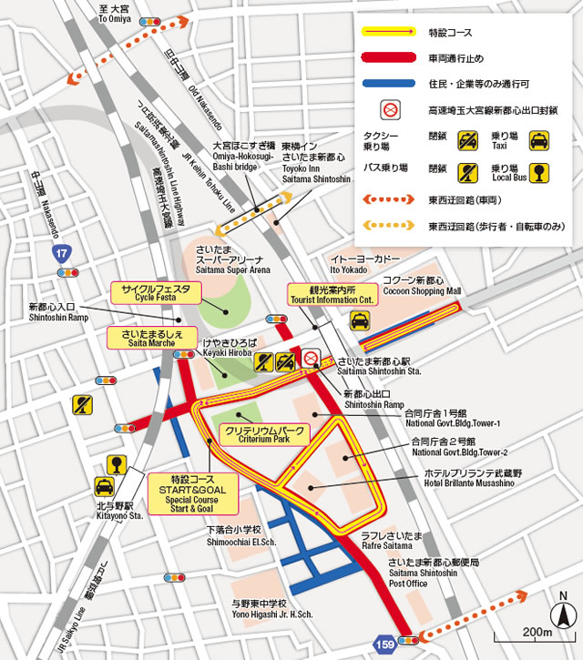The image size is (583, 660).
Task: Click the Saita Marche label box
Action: (x=151, y=338)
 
